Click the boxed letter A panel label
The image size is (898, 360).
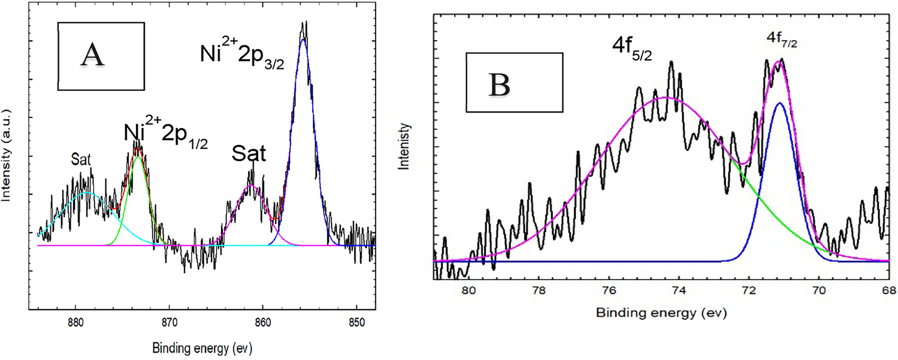101,57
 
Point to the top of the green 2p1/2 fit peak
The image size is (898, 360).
138,156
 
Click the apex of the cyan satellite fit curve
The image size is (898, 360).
87,193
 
